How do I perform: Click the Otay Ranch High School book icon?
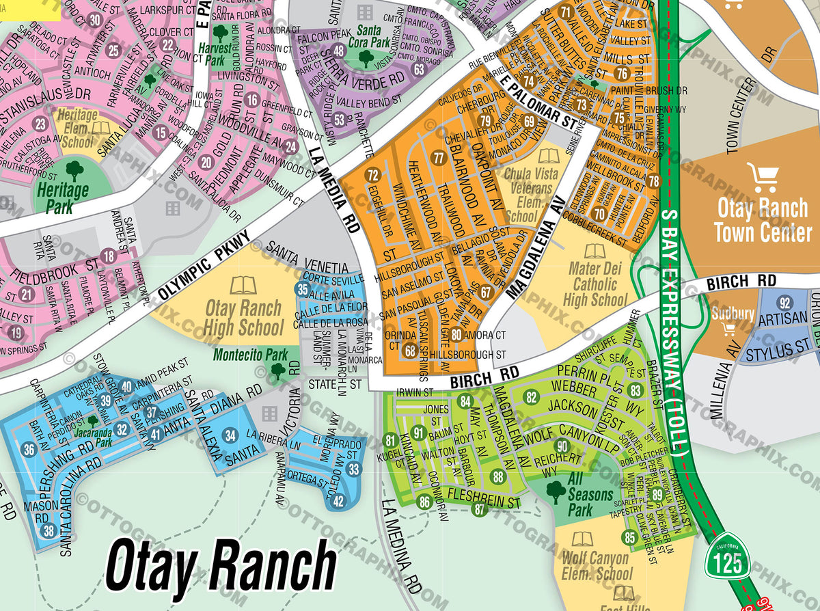(243, 285)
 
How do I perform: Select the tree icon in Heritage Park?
(74, 168)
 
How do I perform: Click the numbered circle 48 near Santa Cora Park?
(340, 51)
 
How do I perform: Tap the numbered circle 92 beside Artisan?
(784, 303)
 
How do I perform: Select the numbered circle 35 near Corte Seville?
(303, 289)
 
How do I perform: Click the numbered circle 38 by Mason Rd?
(48, 530)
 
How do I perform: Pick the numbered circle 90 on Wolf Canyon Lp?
(562, 447)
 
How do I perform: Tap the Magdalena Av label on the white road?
(535, 252)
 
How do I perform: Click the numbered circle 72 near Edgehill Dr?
(372, 176)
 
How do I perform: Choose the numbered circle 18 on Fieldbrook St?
(108, 256)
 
